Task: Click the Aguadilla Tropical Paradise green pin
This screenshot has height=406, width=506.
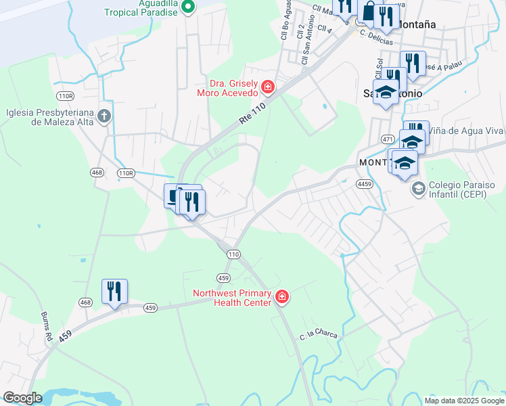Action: pos(189,7)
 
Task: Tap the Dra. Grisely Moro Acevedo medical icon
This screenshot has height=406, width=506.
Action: pos(268,87)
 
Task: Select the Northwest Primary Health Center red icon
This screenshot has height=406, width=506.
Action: pos(281,296)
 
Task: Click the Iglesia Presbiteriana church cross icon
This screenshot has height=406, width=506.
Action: pos(103,116)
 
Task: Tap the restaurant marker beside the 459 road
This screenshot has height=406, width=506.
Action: pos(114,292)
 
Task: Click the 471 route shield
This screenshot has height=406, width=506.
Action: pos(388,138)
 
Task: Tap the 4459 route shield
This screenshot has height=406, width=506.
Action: pos(365,183)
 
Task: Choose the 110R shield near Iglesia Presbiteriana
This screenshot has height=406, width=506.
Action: pos(66,95)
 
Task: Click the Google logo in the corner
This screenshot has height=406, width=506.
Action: pos(22,398)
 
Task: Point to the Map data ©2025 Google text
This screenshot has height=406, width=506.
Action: pos(464,401)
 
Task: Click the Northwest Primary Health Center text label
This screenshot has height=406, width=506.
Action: pos(231,298)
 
